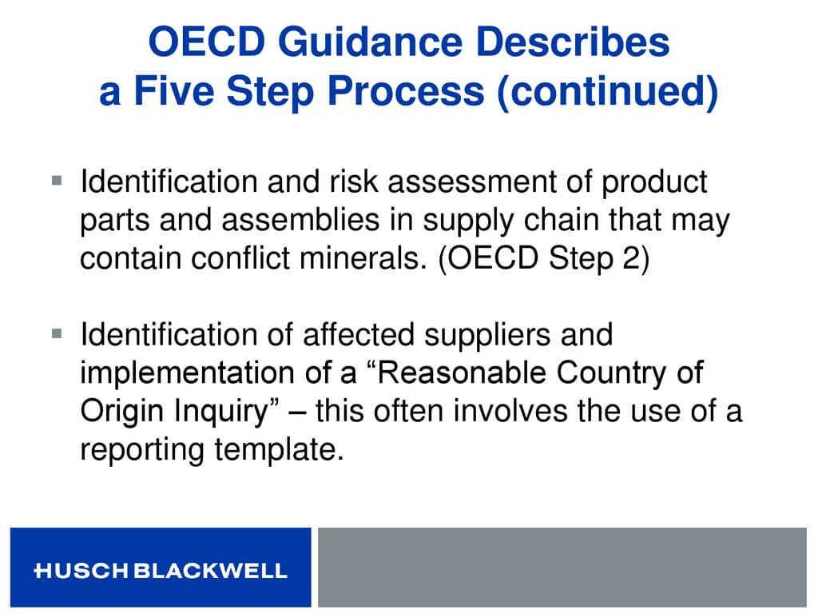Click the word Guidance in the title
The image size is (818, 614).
371,42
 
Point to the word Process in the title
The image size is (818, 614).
406,91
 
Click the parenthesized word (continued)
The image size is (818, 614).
608,92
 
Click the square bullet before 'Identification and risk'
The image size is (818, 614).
57,181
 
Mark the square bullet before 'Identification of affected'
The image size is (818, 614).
57,333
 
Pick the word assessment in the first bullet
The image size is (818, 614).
471,182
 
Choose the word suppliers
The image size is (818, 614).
487,335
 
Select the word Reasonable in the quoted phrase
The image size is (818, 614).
461,373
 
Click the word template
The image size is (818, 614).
279,450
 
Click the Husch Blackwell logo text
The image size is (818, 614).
161,570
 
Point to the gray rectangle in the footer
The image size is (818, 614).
562,567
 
